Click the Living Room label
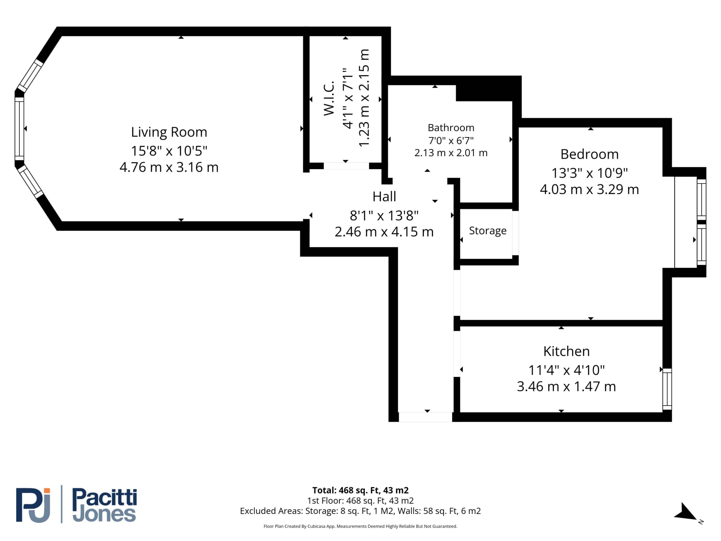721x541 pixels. tap(169, 132)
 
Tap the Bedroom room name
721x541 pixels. tap(589, 154)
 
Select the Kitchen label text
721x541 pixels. tap(566, 351)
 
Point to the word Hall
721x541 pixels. tap(384, 197)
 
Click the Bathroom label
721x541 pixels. tap(451, 128)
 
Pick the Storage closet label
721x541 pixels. tap(488, 230)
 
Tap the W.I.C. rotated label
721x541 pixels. tap(329, 98)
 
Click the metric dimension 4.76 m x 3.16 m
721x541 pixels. tap(169, 167)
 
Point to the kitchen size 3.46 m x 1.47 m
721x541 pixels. tap(566, 386)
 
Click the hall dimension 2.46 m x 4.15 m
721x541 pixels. tap(384, 232)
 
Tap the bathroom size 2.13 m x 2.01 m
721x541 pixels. tap(451, 153)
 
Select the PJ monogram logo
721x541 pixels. tap(33, 505)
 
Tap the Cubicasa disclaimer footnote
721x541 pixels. tap(360, 526)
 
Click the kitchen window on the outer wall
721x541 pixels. tap(667, 389)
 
